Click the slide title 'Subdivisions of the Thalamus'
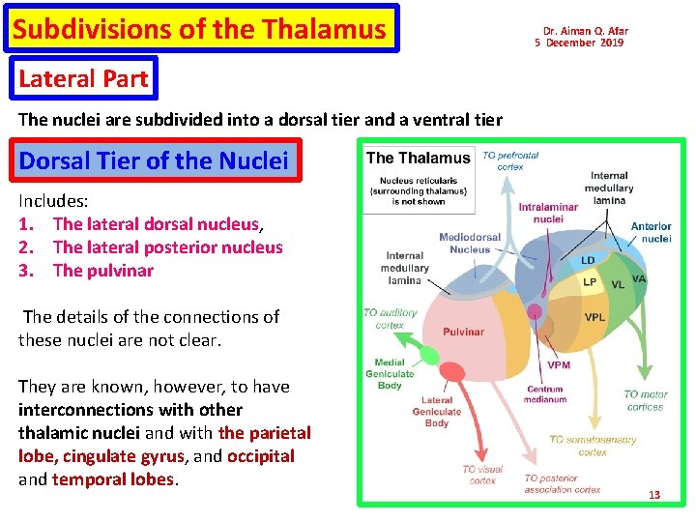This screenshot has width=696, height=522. click(199, 29)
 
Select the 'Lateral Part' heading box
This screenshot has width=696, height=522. click(82, 78)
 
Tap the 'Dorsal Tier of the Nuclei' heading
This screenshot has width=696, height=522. click(154, 159)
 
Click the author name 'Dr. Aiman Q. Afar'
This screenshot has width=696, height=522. click(585, 31)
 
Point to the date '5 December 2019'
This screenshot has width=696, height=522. click(579, 43)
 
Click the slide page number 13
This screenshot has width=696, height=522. click(654, 495)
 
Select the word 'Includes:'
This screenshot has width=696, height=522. click(53, 201)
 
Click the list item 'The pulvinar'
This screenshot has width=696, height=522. click(102, 271)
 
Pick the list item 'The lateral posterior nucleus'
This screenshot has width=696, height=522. click(167, 247)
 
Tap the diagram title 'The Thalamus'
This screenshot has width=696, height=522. click(418, 158)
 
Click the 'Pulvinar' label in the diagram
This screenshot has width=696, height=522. click(463, 332)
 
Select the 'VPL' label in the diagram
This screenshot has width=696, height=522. click(595, 317)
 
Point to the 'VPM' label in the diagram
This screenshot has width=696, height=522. click(559, 364)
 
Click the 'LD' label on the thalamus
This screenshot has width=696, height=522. click(588, 261)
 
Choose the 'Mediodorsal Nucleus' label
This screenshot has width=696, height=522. click(470, 243)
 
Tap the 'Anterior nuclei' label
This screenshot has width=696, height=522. click(651, 232)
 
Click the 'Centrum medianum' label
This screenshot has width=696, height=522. click(545, 394)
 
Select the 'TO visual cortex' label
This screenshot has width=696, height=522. click(481, 475)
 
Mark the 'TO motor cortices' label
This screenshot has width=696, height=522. click(645, 400)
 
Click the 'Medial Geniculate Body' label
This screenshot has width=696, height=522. click(390, 374)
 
